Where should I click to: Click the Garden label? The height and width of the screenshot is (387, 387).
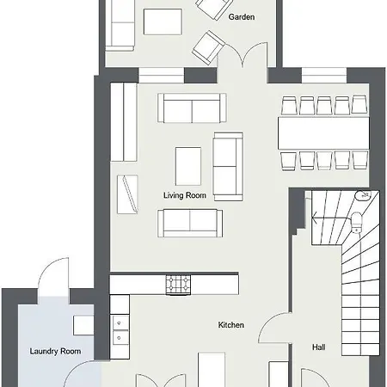click(x=242, y=17)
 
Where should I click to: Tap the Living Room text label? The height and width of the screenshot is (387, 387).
click(x=185, y=195)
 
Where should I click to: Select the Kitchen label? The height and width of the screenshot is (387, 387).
click(x=231, y=325)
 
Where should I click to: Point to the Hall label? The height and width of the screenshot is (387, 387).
click(x=318, y=347)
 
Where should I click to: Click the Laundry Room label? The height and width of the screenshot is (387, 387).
click(x=55, y=351)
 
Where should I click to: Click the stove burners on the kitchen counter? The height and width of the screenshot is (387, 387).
click(x=178, y=285)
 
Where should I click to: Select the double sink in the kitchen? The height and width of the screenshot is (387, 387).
click(x=120, y=330)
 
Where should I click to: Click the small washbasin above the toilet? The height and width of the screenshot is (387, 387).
click(x=363, y=195)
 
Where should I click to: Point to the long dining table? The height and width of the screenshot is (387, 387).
click(x=323, y=133)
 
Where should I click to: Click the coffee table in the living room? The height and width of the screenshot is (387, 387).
click(x=188, y=166)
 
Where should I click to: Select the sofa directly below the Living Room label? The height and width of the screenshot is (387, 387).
click(x=190, y=223)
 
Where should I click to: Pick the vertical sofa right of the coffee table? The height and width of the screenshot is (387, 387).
click(x=228, y=166)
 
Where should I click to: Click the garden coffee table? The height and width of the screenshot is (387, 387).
click(x=163, y=21)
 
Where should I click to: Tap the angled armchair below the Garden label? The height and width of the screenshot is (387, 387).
click(x=208, y=47)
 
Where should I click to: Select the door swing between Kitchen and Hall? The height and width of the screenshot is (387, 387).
click(x=273, y=327)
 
